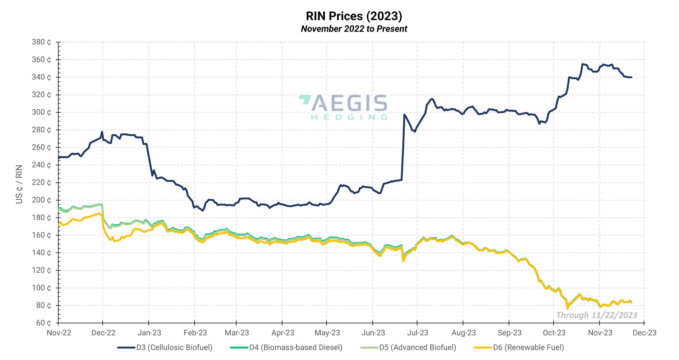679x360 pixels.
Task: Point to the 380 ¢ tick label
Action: [41, 42]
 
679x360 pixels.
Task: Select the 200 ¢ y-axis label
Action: [41, 200]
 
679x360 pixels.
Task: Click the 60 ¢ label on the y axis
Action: [43, 323]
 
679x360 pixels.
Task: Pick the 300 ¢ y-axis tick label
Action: [41, 112]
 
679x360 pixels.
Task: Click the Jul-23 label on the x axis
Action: [418, 333]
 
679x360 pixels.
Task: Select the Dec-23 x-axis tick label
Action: [645, 333]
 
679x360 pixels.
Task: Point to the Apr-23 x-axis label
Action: [283, 333]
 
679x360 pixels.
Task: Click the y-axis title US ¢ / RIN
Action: [19, 184]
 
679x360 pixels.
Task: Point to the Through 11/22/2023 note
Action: [597, 315]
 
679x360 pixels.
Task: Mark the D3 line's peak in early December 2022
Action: [102, 132]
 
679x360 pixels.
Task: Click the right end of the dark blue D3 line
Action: [631, 77]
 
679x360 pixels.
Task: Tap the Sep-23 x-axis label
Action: [509, 333]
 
